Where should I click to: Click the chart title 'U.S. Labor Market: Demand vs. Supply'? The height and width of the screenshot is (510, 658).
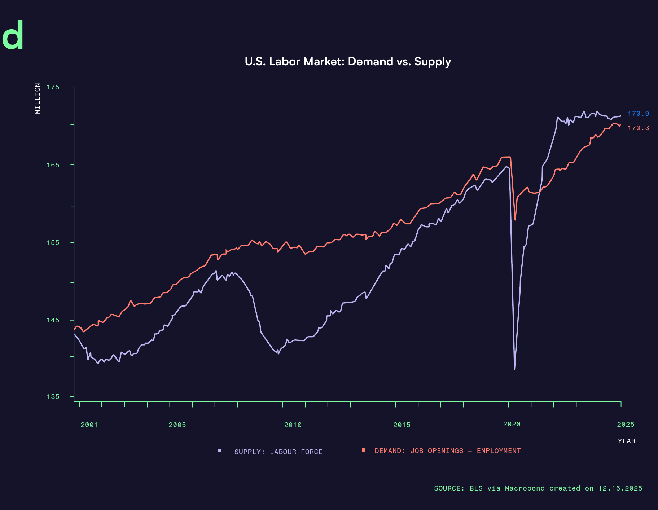pyautogui.click(x=348, y=61)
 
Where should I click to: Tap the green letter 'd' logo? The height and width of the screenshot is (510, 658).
pyautogui.click(x=13, y=35)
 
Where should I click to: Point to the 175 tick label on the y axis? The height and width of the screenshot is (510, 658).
pyautogui.click(x=53, y=87)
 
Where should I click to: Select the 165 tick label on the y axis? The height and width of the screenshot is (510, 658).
pyautogui.click(x=53, y=165)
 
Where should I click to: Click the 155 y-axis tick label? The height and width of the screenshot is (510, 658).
pyautogui.click(x=53, y=242)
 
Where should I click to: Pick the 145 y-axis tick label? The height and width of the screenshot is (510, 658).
pyautogui.click(x=53, y=320)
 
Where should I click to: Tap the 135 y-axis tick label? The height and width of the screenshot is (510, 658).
pyautogui.click(x=53, y=397)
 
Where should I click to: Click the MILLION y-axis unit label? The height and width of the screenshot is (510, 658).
pyautogui.click(x=38, y=98)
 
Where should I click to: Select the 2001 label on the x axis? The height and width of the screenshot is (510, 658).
pyautogui.click(x=89, y=425)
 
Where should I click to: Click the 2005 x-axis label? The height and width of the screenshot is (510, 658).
pyautogui.click(x=177, y=425)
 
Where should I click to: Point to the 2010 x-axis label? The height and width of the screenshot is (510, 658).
pyautogui.click(x=293, y=425)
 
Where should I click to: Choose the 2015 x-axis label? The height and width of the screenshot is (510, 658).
pyautogui.click(x=402, y=425)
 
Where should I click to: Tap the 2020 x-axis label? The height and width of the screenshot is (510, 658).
pyautogui.click(x=512, y=424)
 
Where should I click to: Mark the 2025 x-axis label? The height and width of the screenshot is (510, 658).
pyautogui.click(x=626, y=425)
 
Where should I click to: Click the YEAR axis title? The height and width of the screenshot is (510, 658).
pyautogui.click(x=626, y=441)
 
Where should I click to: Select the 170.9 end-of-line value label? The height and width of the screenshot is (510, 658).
pyautogui.click(x=638, y=114)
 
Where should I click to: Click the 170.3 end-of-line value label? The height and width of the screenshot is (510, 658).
pyautogui.click(x=638, y=128)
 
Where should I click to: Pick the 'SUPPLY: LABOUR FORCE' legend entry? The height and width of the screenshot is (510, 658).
pyautogui.click(x=278, y=452)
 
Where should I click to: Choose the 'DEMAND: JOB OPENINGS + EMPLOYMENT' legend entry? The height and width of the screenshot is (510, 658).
pyautogui.click(x=447, y=451)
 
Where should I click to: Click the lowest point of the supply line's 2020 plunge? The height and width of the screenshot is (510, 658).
pyautogui.click(x=514, y=369)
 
